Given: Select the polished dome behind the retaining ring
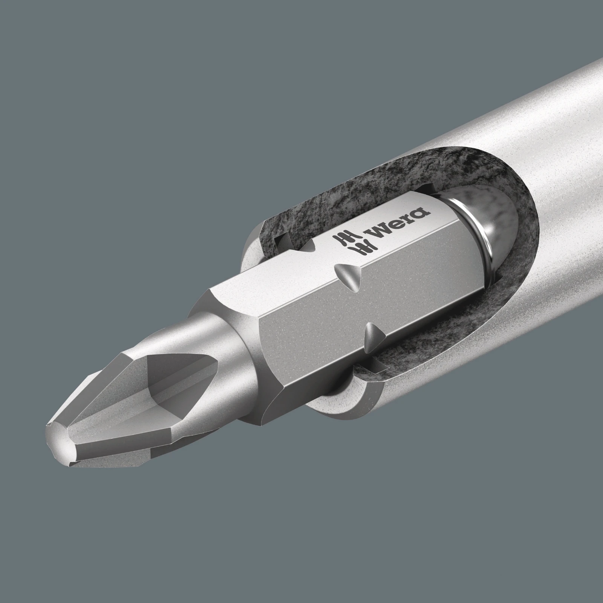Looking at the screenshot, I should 501,234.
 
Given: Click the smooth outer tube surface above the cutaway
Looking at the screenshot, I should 509,113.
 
